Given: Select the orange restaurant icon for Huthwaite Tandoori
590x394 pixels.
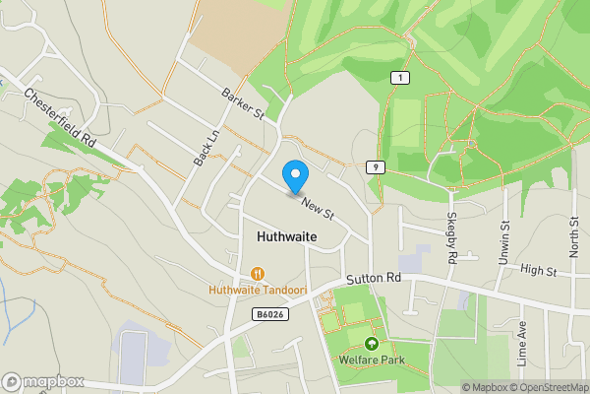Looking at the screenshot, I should click(257, 273).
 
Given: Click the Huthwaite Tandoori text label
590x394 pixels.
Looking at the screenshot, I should click(257, 291).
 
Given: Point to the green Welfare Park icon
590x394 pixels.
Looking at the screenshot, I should click(372, 344).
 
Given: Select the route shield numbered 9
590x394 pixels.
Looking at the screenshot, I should click(376, 167).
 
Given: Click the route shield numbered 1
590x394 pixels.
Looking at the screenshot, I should click(398, 78).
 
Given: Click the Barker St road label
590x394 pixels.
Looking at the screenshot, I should click(243, 103).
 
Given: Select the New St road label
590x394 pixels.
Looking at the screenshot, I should click(319, 207).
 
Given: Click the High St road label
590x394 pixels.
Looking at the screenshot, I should click(538, 269).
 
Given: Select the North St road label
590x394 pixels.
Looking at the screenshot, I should click(574, 238).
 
